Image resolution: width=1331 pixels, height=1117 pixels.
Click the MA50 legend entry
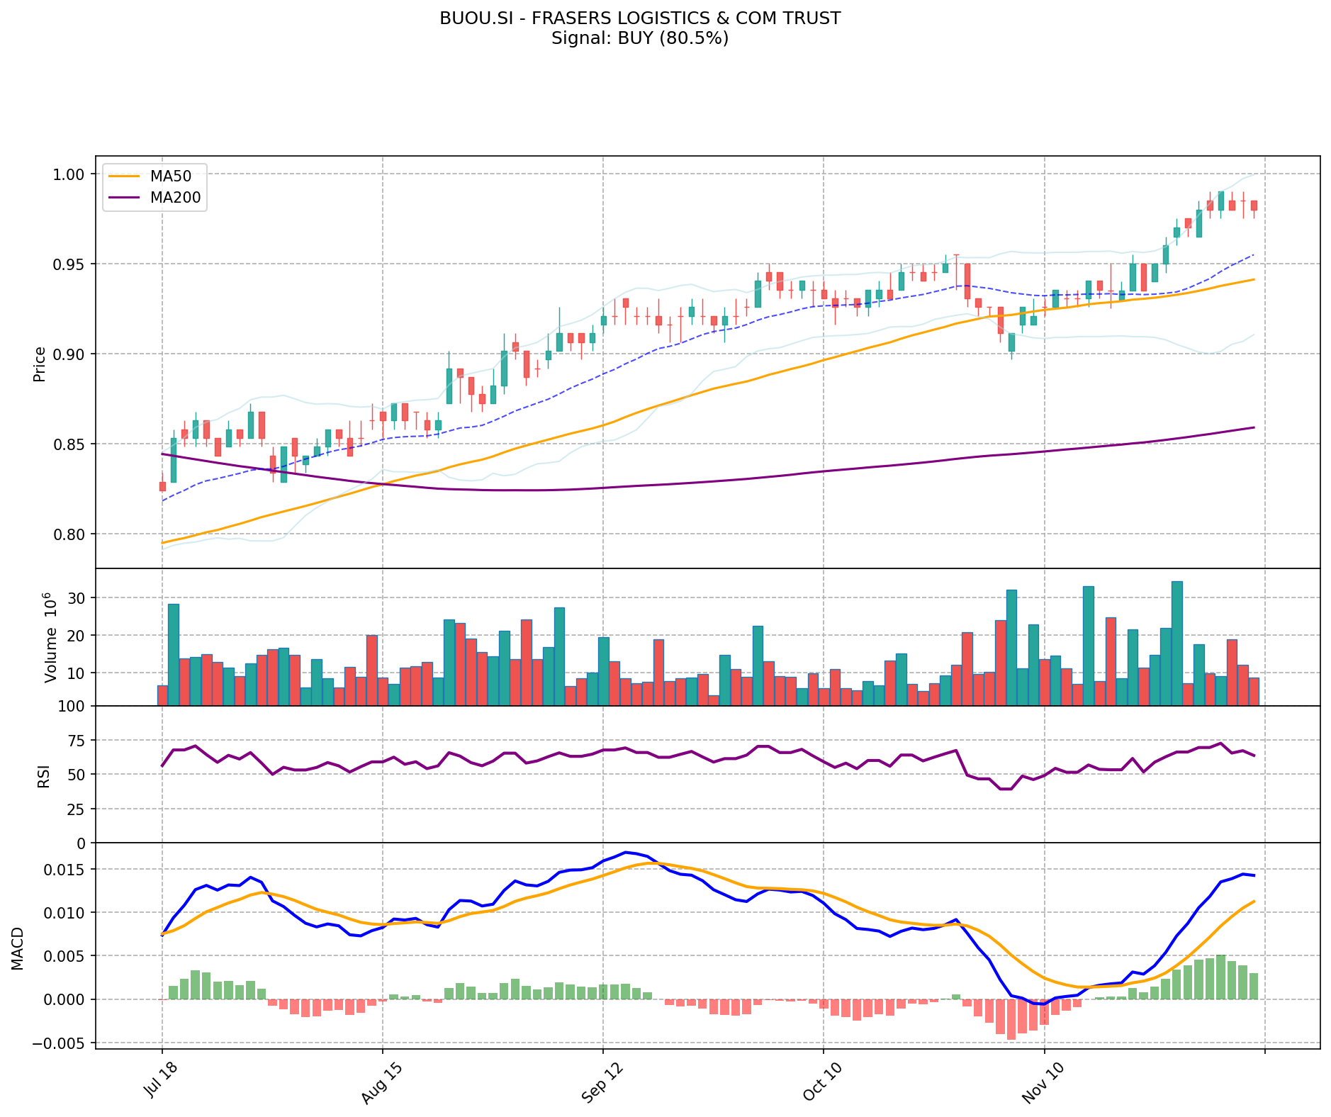(x=170, y=176)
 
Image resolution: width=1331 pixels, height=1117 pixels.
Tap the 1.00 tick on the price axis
(x=69, y=174)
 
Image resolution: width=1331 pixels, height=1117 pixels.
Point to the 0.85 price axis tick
(x=69, y=444)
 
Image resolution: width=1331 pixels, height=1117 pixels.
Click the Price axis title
(x=40, y=364)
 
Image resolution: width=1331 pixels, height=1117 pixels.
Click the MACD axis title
(x=17, y=948)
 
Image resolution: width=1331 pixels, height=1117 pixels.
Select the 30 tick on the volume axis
(x=77, y=598)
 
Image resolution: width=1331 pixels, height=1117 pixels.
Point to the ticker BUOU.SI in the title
(x=470, y=18)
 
